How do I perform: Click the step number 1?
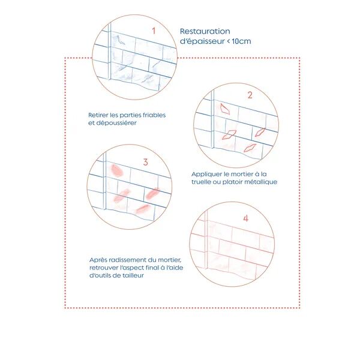coord(154,31)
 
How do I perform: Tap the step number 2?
coord(250,95)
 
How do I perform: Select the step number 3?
coord(145,162)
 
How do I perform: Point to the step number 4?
coord(246,218)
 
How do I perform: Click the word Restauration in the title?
coord(205,31)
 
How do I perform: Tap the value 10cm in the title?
coord(241,41)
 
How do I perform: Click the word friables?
coord(154,115)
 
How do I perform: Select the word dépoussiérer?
coord(116,123)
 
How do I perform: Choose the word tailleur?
coord(133,275)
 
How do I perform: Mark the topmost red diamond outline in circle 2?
coord(225,109)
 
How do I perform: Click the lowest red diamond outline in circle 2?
coord(250,148)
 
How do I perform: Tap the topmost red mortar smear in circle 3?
coord(117,170)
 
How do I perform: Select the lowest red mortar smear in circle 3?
coord(143,209)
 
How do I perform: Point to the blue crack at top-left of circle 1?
coord(120,40)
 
